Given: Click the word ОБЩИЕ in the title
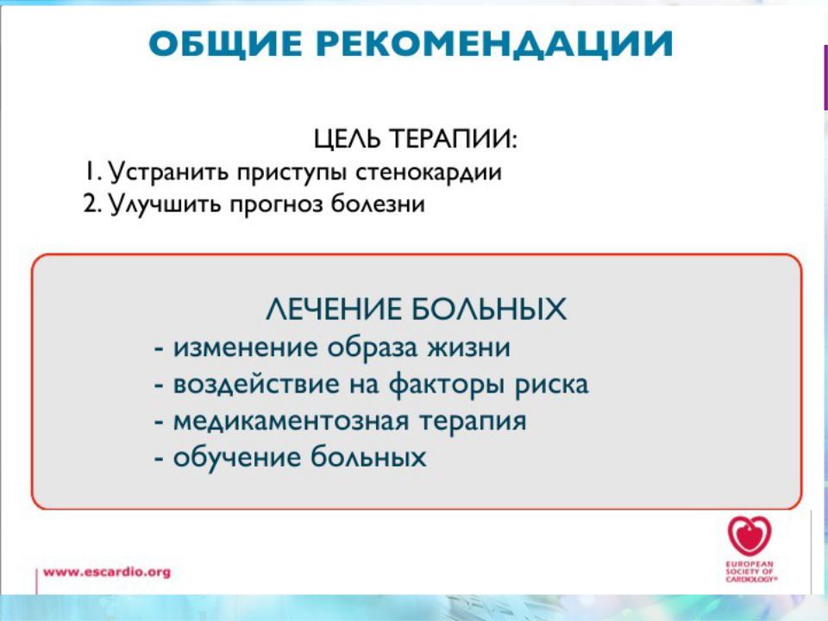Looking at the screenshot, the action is click(x=225, y=43).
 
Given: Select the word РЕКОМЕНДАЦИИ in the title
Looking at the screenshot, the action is click(x=495, y=44).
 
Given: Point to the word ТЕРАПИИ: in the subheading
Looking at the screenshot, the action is click(x=454, y=138).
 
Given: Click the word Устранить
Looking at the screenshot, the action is click(x=169, y=172).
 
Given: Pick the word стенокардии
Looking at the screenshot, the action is click(x=429, y=172).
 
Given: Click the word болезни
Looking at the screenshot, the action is click(x=378, y=204).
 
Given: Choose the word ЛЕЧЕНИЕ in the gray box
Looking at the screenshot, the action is click(x=334, y=309).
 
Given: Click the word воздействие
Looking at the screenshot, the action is click(x=256, y=384).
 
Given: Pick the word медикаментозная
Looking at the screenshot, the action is click(x=291, y=422).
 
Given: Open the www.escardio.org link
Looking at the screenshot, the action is click(x=107, y=572).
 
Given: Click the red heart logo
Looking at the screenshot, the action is click(x=750, y=536).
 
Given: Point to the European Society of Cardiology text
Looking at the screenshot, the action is click(x=750, y=571).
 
